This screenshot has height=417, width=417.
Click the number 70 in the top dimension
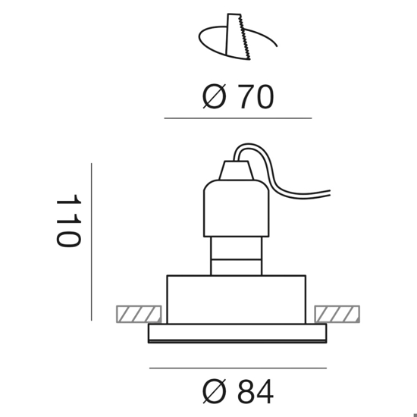pyautogui.click(x=256, y=96)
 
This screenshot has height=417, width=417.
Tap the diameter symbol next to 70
pyautogui.click(x=214, y=96)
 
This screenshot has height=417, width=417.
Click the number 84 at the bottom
pyautogui.click(x=256, y=392)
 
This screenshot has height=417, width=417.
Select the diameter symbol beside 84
pyautogui.click(x=214, y=392)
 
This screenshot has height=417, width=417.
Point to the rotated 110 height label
pyautogui.click(x=68, y=221)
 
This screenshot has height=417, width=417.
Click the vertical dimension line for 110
pyautogui.click(x=92, y=242)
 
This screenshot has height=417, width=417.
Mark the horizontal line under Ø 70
pyautogui.click(x=238, y=118)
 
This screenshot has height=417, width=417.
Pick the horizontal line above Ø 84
pyautogui.click(x=238, y=368)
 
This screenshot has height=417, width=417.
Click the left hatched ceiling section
pyautogui.click(x=139, y=314)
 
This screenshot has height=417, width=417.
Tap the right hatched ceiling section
pyautogui.click(x=337, y=314)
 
